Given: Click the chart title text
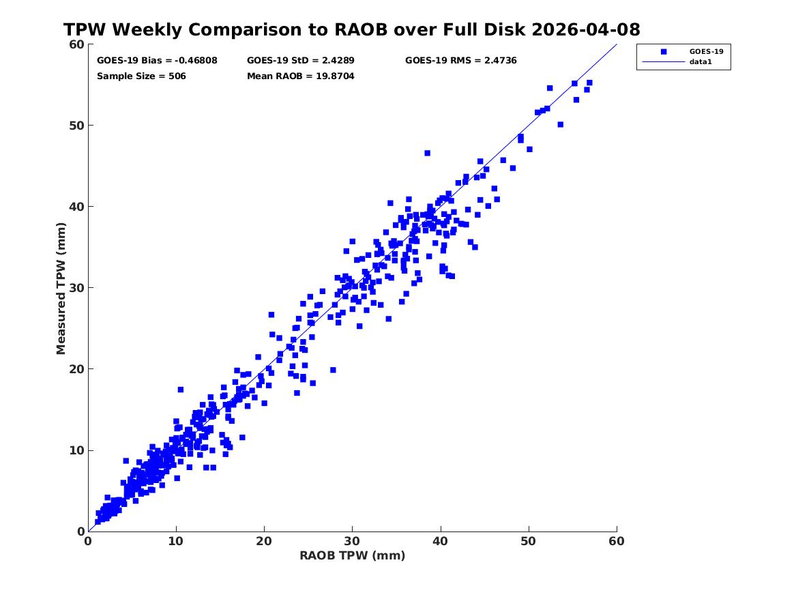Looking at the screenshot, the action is (352, 29).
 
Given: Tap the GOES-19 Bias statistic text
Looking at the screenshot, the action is (157, 61).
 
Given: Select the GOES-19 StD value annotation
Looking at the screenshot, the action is (301, 61).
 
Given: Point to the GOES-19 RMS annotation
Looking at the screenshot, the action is (461, 61).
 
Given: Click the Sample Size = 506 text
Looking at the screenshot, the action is (141, 76).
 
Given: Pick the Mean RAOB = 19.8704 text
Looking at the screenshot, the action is (301, 76).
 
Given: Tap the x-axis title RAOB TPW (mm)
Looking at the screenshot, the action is (353, 555).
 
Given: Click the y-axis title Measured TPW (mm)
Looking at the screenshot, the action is (61, 289).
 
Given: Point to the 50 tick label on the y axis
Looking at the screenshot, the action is (76, 126).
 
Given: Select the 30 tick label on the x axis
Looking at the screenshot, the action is (353, 541).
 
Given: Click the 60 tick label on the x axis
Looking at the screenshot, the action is (617, 541).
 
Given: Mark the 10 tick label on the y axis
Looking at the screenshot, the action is (76, 450).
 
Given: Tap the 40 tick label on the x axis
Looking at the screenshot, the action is (441, 541).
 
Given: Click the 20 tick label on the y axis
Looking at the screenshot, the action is (76, 369).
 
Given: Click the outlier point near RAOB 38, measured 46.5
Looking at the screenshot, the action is (428, 154).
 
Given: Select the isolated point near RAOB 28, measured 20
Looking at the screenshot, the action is (333, 370).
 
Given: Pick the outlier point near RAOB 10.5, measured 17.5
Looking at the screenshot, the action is (180, 390).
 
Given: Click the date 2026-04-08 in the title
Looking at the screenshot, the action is (586, 29).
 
